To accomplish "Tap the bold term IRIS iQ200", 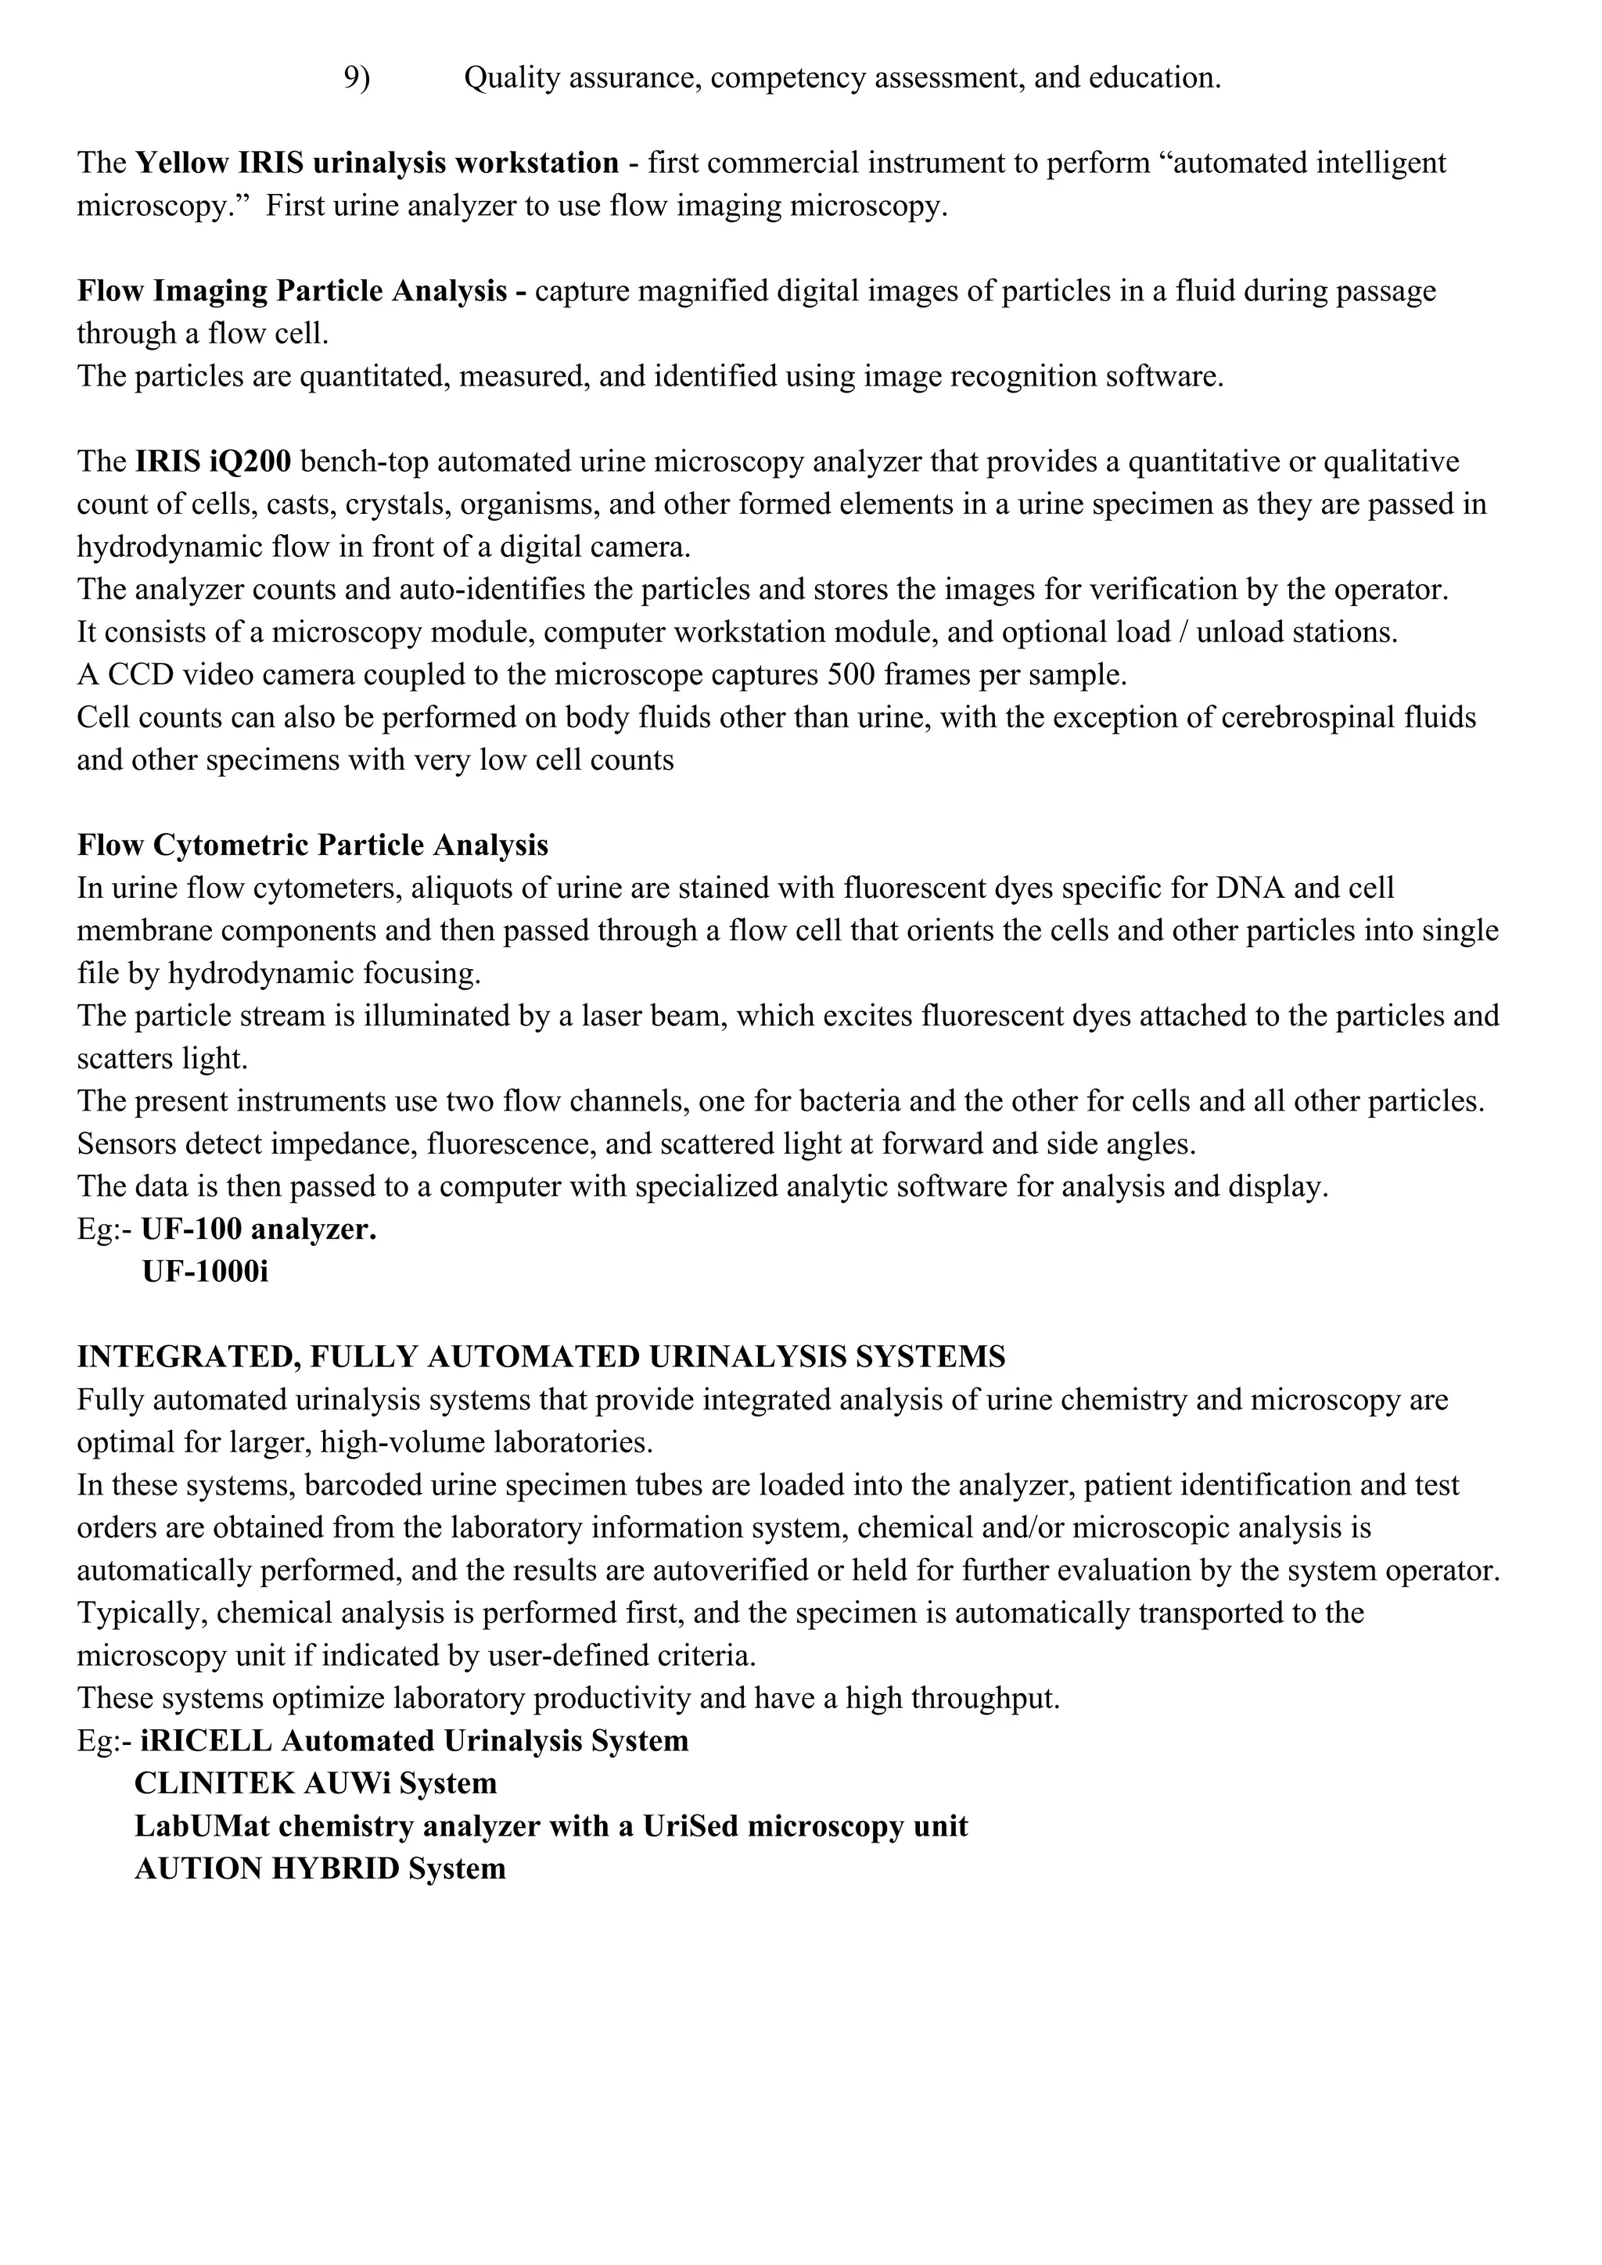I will [x=213, y=461].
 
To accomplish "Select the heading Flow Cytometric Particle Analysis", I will [x=313, y=845].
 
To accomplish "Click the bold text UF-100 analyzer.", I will [x=258, y=1230].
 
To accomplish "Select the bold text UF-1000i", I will [x=205, y=1272].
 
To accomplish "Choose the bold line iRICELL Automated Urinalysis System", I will [x=415, y=1741].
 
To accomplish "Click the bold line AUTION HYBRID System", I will [x=320, y=1868].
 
